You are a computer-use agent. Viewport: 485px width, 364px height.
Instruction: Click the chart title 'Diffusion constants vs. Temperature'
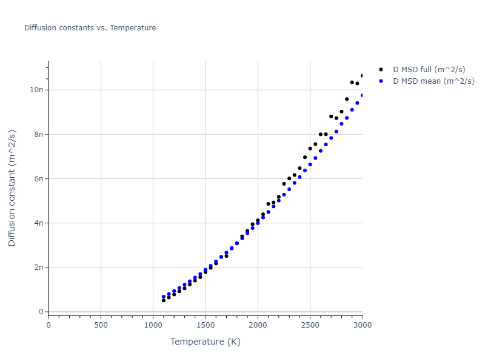pos(90,28)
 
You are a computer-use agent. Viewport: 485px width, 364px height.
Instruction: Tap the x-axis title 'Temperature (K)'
pos(205,342)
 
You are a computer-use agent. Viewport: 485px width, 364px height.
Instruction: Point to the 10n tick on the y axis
pos(37,90)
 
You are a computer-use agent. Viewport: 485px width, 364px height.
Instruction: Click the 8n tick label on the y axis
pos(39,134)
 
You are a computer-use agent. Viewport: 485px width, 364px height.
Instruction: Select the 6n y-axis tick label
pos(39,178)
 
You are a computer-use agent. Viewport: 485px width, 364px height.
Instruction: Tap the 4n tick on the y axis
pos(39,223)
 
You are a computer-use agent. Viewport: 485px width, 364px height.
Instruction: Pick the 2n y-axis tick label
pos(39,268)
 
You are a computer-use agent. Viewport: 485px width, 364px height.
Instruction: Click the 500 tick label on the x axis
pos(101,325)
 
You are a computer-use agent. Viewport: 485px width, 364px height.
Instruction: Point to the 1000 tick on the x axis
pos(153,325)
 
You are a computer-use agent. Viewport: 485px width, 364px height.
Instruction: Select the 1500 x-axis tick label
pos(205,325)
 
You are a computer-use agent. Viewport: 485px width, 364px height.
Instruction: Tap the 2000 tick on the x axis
pos(258,325)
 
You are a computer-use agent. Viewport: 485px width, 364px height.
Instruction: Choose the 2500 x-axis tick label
pos(310,325)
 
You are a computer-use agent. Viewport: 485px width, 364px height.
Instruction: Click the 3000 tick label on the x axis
pos(362,325)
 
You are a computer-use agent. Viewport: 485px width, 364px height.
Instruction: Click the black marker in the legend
pos(381,70)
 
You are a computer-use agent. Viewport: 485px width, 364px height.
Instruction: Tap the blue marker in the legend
pos(381,81)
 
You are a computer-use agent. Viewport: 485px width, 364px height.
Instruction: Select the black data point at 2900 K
pos(352,82)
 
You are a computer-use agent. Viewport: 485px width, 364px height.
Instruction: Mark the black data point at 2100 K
pos(268,204)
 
